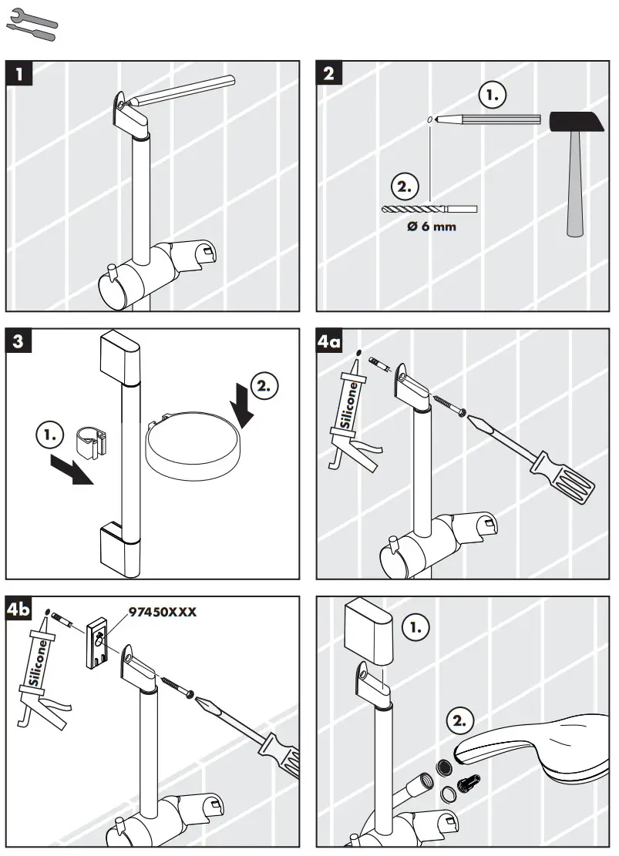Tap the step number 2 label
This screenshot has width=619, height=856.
click(330, 75)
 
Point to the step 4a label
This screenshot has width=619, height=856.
click(331, 341)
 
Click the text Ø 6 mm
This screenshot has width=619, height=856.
click(432, 227)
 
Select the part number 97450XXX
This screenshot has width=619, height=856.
click(162, 612)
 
